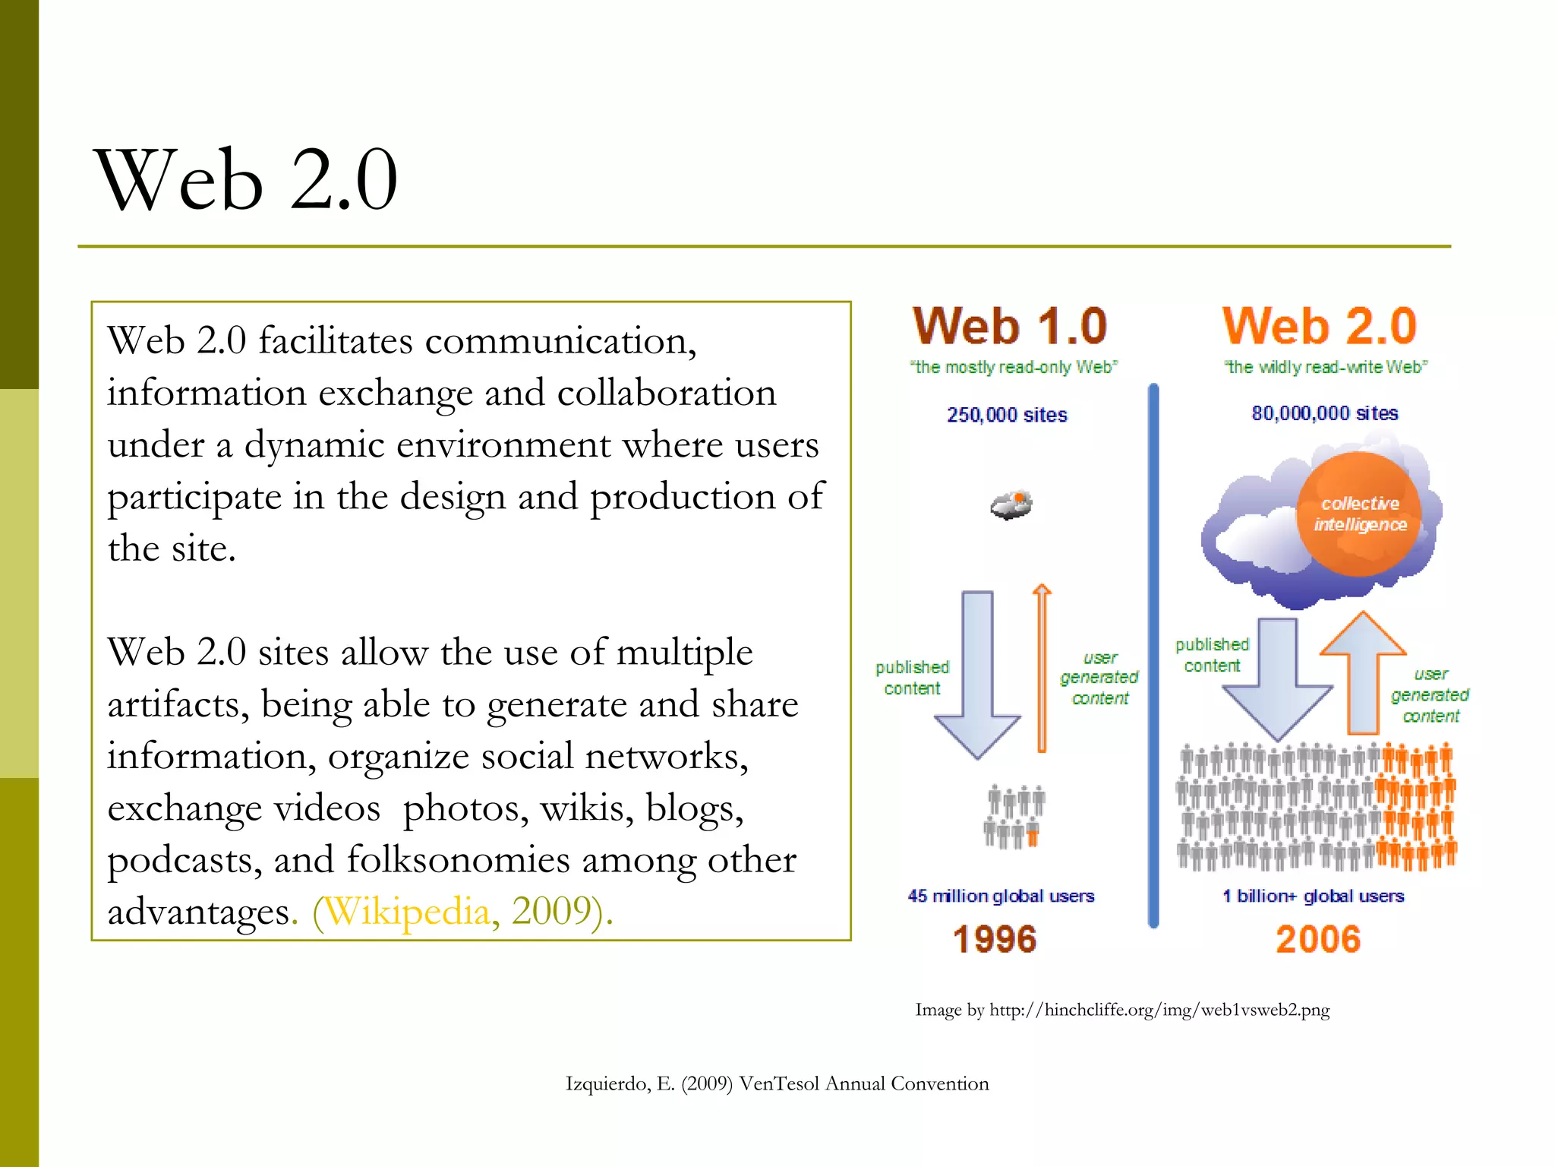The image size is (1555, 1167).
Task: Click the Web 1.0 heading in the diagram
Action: coord(1010,327)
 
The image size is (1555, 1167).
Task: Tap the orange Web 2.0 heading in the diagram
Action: coord(1320,327)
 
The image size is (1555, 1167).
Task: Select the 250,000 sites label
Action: coord(1007,415)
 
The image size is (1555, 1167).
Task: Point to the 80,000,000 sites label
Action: coord(1325,413)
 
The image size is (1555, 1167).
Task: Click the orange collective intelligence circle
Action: coord(1359,514)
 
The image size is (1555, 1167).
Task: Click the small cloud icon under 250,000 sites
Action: coord(1011,505)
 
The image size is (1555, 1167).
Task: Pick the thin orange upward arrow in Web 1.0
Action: coord(1042,669)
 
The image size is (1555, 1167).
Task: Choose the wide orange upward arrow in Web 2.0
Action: coord(1364,672)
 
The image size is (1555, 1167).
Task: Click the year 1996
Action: coord(995,939)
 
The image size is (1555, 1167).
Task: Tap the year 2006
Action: coord(1318,939)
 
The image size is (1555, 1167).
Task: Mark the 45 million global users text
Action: coord(1001,896)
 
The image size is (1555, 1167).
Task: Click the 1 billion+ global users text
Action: coord(1314,896)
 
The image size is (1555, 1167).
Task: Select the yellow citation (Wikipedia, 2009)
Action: coord(462,911)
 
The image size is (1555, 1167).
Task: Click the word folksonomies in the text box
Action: coord(458,859)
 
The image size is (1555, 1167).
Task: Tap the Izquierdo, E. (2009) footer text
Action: coord(777,1083)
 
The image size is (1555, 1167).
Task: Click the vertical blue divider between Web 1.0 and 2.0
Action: coord(1153,653)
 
